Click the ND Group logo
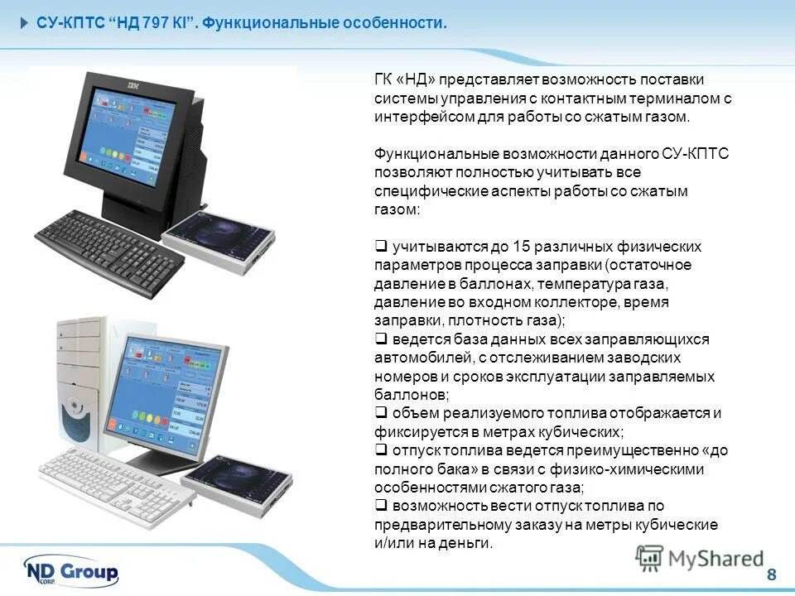coord(72,571)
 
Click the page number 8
coord(772,575)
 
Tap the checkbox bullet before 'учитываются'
coord(381,247)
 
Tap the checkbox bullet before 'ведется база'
coord(381,339)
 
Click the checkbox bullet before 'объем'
coord(381,413)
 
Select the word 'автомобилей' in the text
coord(418,358)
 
